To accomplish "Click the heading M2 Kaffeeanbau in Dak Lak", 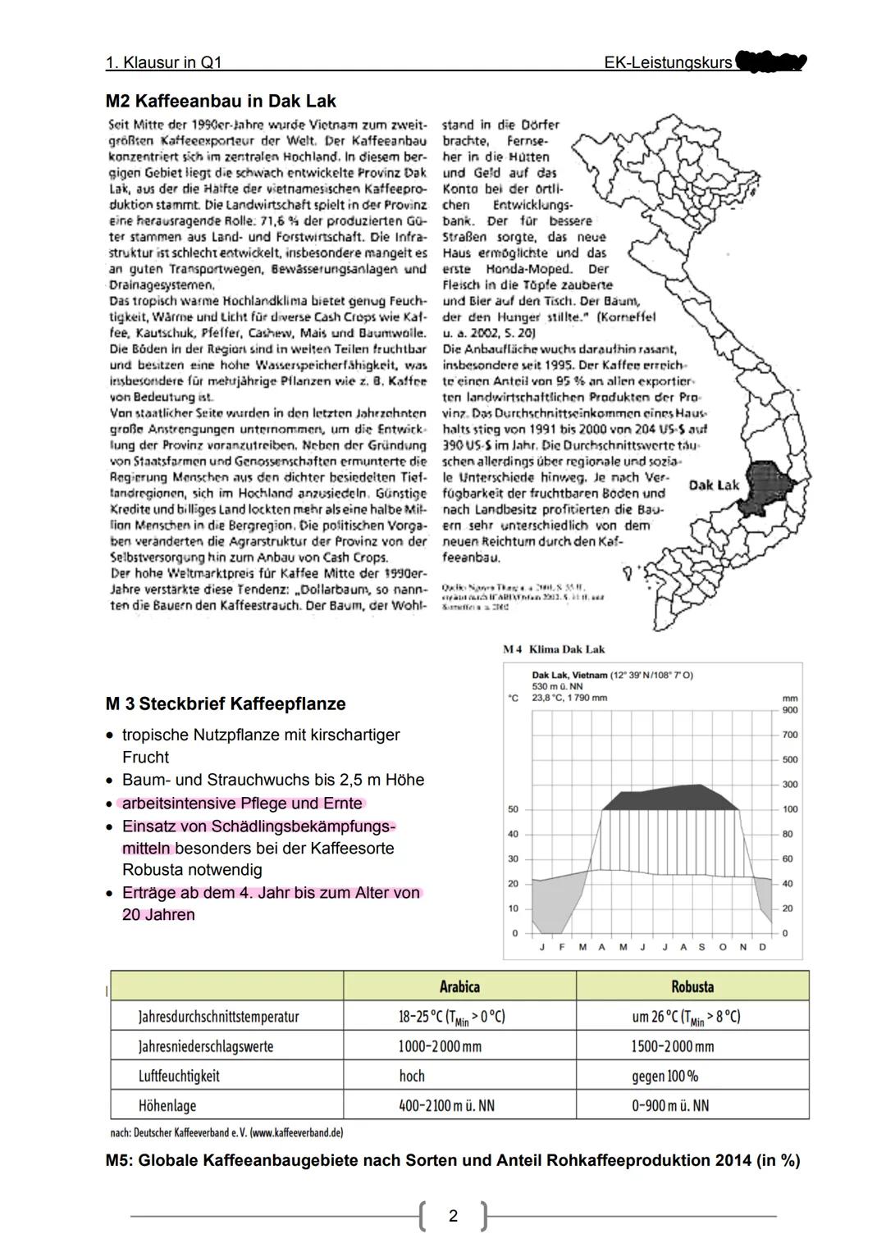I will click(221, 102).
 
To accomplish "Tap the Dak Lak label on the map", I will click(714, 485).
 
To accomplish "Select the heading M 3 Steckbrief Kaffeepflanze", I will click(226, 704).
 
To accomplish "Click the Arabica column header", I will click(459, 986).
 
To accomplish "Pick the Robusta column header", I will click(692, 986).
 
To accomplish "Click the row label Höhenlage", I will click(167, 1105).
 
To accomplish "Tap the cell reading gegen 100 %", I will click(664, 1076).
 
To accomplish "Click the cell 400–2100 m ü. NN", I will click(447, 1105).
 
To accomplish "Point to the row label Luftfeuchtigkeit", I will click(179, 1076).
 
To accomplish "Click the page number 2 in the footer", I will click(453, 1216).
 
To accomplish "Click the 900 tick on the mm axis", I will click(789, 710).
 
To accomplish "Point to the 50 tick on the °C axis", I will click(514, 809).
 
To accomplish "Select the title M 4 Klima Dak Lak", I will click(554, 649).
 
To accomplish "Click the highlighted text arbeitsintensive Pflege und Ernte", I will click(242, 804).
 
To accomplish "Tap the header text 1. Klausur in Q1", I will click(164, 62).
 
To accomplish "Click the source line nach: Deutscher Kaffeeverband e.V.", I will click(226, 1132).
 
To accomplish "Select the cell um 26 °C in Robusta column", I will click(685, 1017).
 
